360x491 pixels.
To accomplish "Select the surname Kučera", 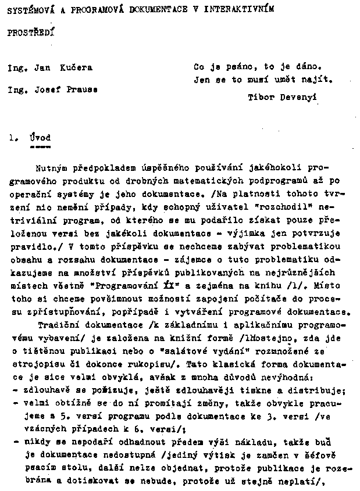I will tap(76, 67).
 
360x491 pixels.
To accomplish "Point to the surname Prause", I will tap(82, 89).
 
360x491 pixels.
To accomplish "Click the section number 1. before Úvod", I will tap(12, 138).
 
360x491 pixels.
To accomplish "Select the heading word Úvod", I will tap(39, 138).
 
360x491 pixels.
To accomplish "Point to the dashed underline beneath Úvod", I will tap(39, 147).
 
